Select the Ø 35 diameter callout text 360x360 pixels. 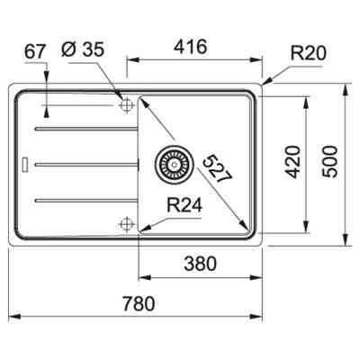tap(92, 51)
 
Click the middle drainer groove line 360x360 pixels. tap(85, 163)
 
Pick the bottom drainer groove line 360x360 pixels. tap(85, 196)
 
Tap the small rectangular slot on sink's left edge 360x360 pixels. tap(24, 163)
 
